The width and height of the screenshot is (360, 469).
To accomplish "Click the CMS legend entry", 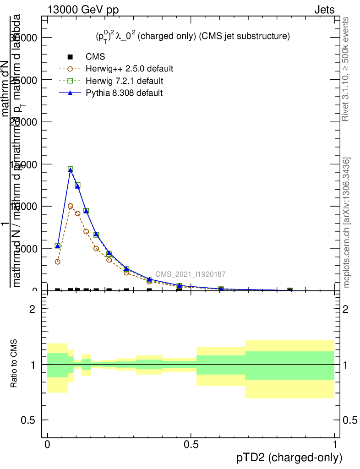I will tap(95, 57).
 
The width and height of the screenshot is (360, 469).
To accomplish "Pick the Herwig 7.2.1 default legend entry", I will tap(124, 81).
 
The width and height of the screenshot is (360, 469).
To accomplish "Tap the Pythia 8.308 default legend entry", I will tap(124, 93).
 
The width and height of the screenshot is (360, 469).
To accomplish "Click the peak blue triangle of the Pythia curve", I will tap(71, 170).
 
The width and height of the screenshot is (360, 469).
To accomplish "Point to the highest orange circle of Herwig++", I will tap(71, 206).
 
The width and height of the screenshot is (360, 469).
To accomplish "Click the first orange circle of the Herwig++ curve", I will tap(58, 262).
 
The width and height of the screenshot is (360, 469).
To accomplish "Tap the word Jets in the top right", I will tap(324, 10).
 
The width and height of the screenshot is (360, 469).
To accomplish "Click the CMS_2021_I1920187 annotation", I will tap(190, 274).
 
